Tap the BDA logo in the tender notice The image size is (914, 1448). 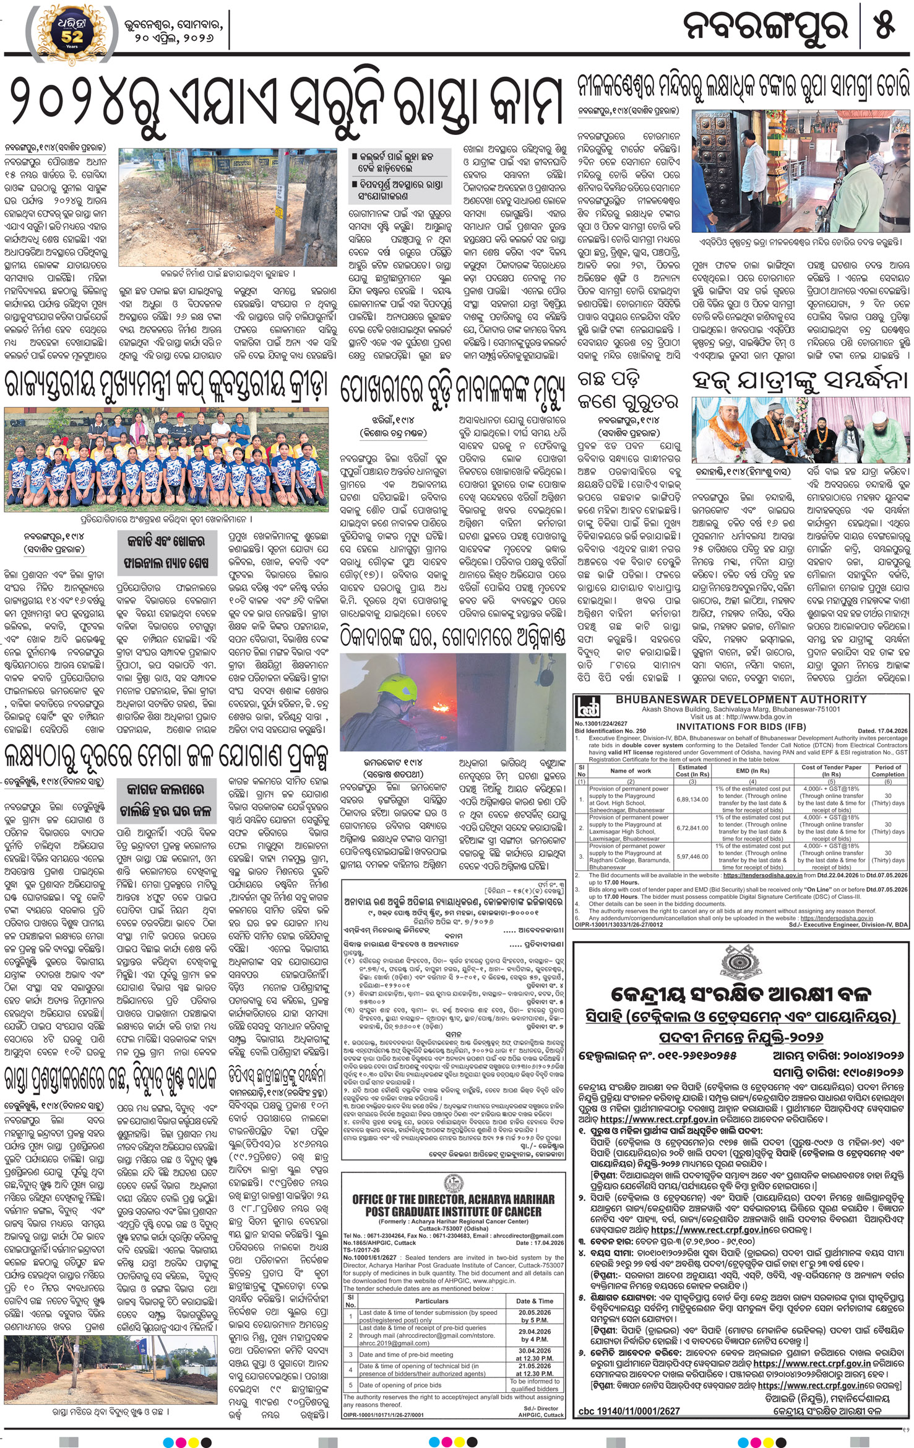pos(585,708)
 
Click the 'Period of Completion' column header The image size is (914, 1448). pos(888,771)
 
